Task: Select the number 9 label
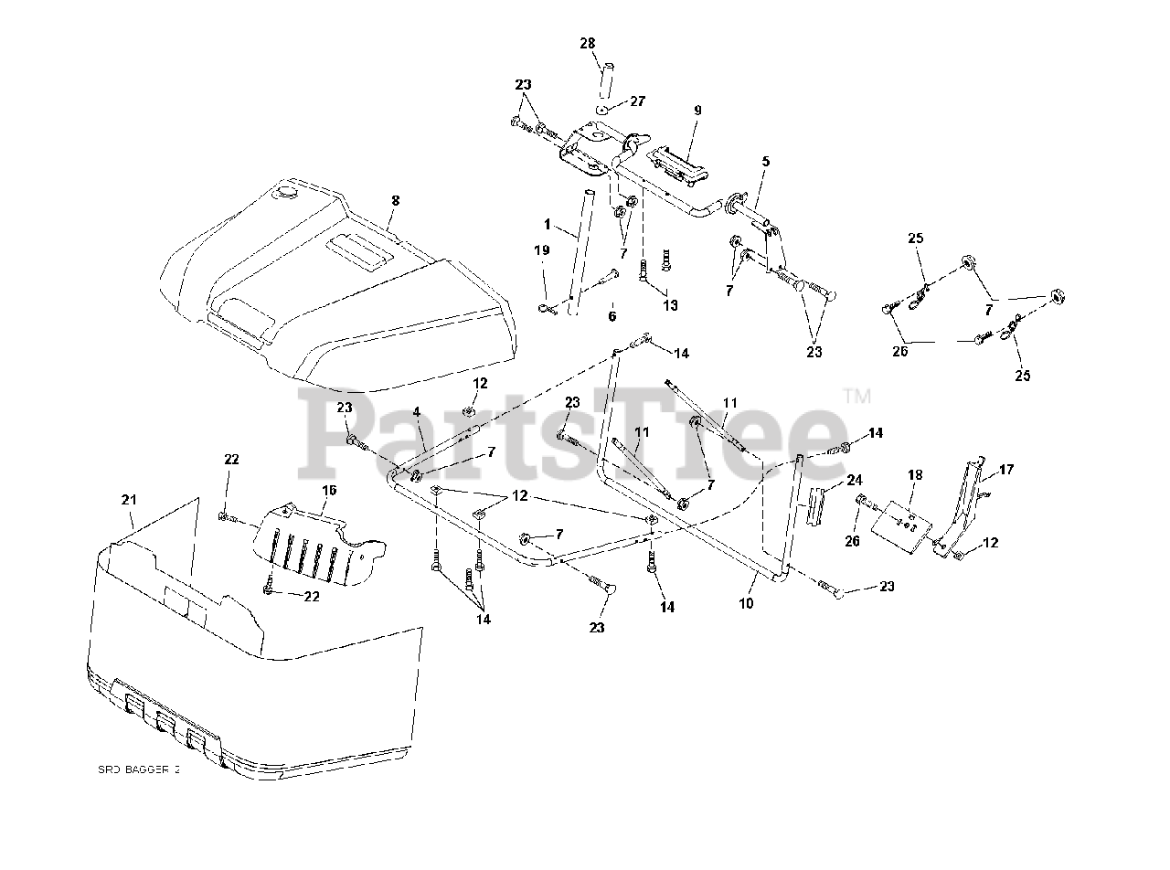[x=697, y=110]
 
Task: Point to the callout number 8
[x=395, y=199]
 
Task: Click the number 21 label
[x=129, y=499]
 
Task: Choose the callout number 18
[x=914, y=475]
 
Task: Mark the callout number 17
[x=1005, y=470]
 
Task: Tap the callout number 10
[x=746, y=605]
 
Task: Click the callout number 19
[x=542, y=249]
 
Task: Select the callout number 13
[x=671, y=305]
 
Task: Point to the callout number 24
[x=854, y=479]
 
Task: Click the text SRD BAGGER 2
[x=139, y=770]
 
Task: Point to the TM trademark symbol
[x=856, y=396]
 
